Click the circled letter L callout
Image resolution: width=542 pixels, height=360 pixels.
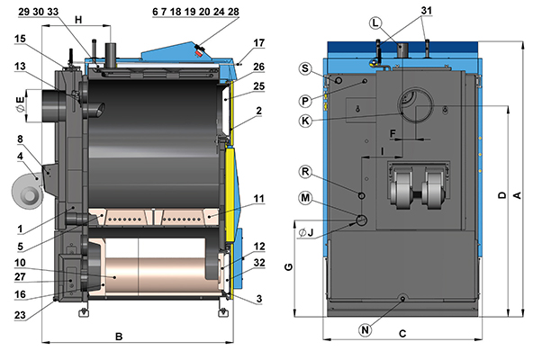point(375,22)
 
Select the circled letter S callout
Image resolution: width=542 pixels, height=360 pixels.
point(308,68)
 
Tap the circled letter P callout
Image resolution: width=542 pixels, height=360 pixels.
point(307,101)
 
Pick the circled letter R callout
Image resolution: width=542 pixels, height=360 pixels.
point(307,171)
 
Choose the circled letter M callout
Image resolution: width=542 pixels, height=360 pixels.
point(307,197)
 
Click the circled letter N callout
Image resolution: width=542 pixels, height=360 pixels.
point(365,329)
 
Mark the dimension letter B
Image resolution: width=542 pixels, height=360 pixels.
point(119,337)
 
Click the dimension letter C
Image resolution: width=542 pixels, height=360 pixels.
point(402,333)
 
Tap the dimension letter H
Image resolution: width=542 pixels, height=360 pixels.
point(78,20)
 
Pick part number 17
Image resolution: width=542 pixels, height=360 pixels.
point(258,42)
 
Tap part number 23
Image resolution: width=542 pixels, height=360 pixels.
point(21,315)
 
